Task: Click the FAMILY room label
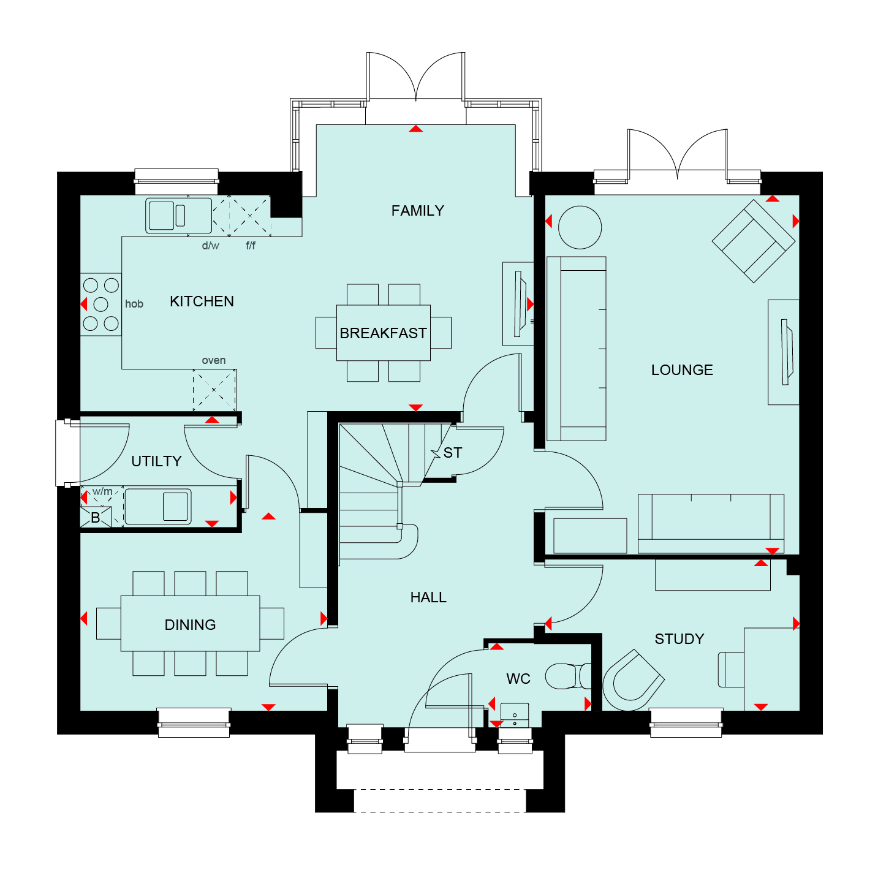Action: click(x=417, y=211)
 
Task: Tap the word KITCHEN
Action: click(x=202, y=301)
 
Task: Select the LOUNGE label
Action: click(x=681, y=369)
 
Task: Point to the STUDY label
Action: click(x=679, y=639)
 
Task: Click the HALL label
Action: click(x=428, y=597)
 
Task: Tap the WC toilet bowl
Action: click(x=568, y=676)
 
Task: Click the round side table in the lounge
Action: click(x=580, y=227)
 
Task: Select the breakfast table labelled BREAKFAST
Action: click(x=383, y=333)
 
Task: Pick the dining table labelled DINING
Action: click(x=190, y=623)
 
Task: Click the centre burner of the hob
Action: click(x=100, y=304)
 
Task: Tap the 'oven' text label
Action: click(x=214, y=360)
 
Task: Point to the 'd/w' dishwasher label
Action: click(x=211, y=246)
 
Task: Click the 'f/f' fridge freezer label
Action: click(x=251, y=246)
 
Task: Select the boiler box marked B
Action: click(x=96, y=517)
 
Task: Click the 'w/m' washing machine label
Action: click(x=102, y=491)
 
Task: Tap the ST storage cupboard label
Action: click(x=452, y=452)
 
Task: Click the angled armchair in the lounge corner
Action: click(x=753, y=241)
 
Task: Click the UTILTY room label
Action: click(x=156, y=461)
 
